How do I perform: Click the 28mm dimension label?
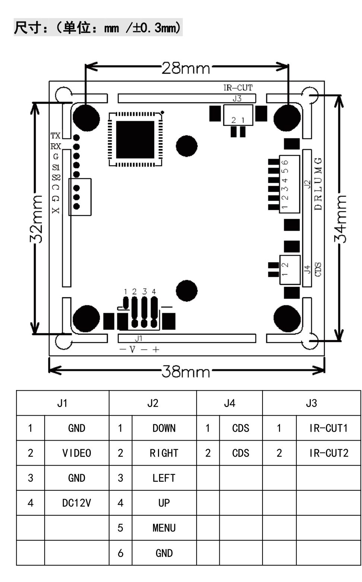(186, 68)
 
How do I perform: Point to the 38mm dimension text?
(186, 371)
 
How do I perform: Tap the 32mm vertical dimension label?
(36, 219)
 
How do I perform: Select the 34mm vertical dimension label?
(340, 219)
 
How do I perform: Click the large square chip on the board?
(135, 140)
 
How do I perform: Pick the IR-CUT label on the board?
(238, 88)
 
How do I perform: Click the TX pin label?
(55, 135)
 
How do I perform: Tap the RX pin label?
(55, 147)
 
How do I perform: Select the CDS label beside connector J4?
(318, 269)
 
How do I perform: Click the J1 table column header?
(63, 403)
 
